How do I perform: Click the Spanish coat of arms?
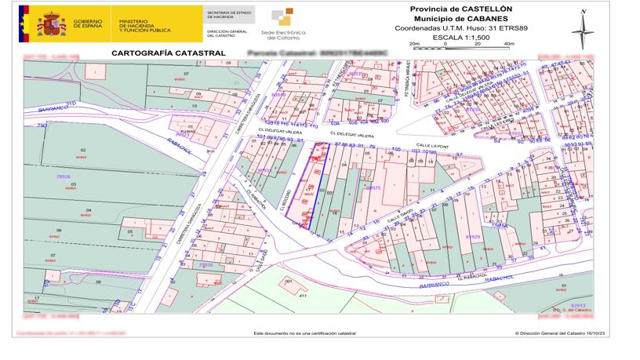[x=53, y=24]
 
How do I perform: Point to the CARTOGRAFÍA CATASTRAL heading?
[x=169, y=53]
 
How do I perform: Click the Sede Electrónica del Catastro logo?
[x=285, y=24]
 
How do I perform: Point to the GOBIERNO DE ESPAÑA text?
[x=91, y=24]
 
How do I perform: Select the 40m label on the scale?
[x=508, y=44]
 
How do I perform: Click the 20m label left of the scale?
[x=414, y=44]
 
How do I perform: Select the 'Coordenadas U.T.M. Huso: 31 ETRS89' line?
[x=461, y=27]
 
